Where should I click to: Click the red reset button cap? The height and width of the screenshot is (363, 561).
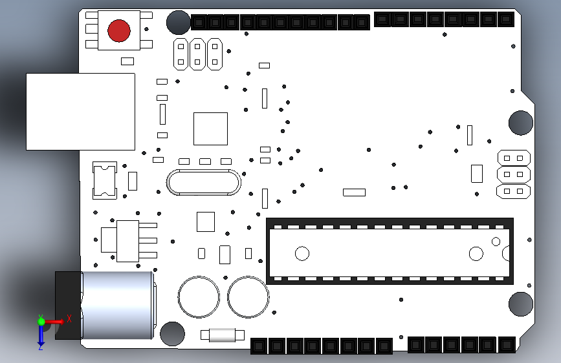click(x=119, y=31)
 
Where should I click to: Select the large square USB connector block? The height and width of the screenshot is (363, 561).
click(x=80, y=112)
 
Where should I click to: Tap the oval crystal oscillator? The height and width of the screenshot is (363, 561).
click(x=204, y=182)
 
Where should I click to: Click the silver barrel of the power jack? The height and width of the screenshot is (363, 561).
click(x=117, y=305)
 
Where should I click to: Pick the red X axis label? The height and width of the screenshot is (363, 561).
click(x=69, y=318)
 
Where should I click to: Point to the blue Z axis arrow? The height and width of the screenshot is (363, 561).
click(x=41, y=336)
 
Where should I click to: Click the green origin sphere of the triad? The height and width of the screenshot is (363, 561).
click(x=41, y=322)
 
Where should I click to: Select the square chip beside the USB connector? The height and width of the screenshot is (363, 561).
click(x=210, y=129)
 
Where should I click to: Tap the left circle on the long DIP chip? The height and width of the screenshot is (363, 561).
click(x=302, y=254)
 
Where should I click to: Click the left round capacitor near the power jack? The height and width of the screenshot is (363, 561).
click(x=199, y=296)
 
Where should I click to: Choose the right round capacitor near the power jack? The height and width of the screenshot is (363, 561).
click(x=248, y=296)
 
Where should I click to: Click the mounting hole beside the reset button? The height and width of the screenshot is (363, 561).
click(x=178, y=22)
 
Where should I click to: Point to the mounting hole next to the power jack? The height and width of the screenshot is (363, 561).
click(x=173, y=334)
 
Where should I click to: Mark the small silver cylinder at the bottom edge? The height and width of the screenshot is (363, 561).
click(x=222, y=335)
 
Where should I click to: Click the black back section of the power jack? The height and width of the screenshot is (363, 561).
click(x=69, y=305)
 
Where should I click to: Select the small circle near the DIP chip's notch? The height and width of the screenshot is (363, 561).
click(x=496, y=242)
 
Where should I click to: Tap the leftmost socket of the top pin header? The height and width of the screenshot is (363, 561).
click(x=199, y=23)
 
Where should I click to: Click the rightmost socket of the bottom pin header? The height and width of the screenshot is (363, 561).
click(x=506, y=345)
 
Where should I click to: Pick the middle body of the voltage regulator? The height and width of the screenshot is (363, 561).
click(x=127, y=241)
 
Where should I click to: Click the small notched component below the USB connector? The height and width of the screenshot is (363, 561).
click(x=104, y=180)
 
